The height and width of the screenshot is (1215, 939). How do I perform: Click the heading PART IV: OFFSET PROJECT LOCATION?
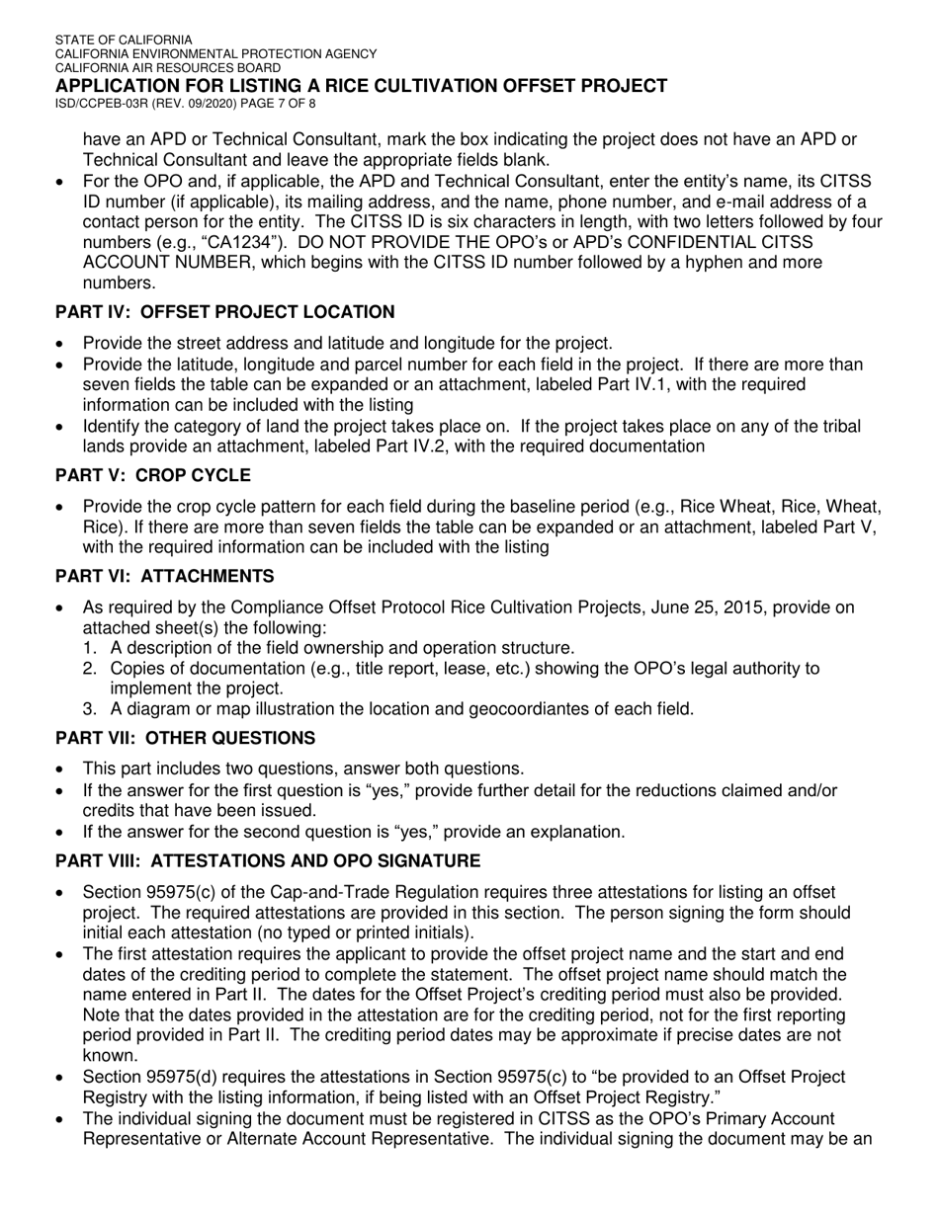click(224, 312)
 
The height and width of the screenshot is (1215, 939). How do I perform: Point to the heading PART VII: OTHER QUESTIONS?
click(185, 738)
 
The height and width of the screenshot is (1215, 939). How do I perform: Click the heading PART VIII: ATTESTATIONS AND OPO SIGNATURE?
click(268, 860)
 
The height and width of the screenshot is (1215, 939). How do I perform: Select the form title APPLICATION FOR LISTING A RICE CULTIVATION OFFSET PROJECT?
click(361, 86)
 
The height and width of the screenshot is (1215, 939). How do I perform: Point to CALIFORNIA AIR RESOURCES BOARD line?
click(167, 67)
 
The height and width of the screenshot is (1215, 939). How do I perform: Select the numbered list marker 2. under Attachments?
click(91, 669)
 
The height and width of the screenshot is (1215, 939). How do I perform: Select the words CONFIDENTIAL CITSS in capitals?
click(739, 242)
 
